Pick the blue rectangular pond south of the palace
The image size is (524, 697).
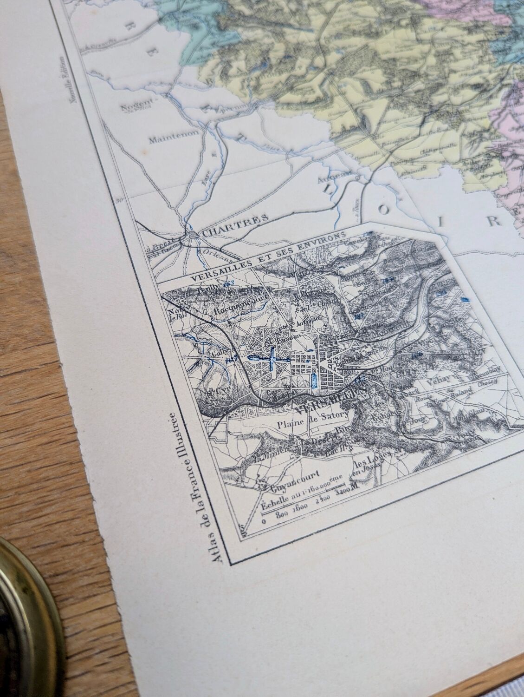pyautogui.click(x=314, y=380)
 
